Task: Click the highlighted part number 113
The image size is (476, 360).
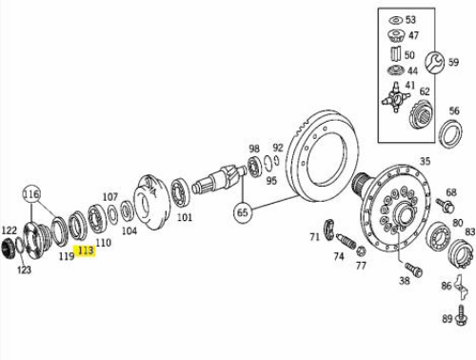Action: click(x=86, y=250)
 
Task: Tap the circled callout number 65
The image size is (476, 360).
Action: click(x=242, y=212)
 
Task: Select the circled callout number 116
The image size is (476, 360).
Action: click(x=31, y=194)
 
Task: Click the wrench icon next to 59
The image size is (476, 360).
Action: click(x=434, y=62)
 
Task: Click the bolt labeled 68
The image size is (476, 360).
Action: click(x=446, y=205)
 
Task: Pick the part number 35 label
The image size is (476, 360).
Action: click(x=425, y=161)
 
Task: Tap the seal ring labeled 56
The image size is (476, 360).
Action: click(x=450, y=133)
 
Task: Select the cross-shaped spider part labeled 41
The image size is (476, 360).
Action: click(x=395, y=97)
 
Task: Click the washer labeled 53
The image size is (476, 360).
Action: click(x=395, y=21)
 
